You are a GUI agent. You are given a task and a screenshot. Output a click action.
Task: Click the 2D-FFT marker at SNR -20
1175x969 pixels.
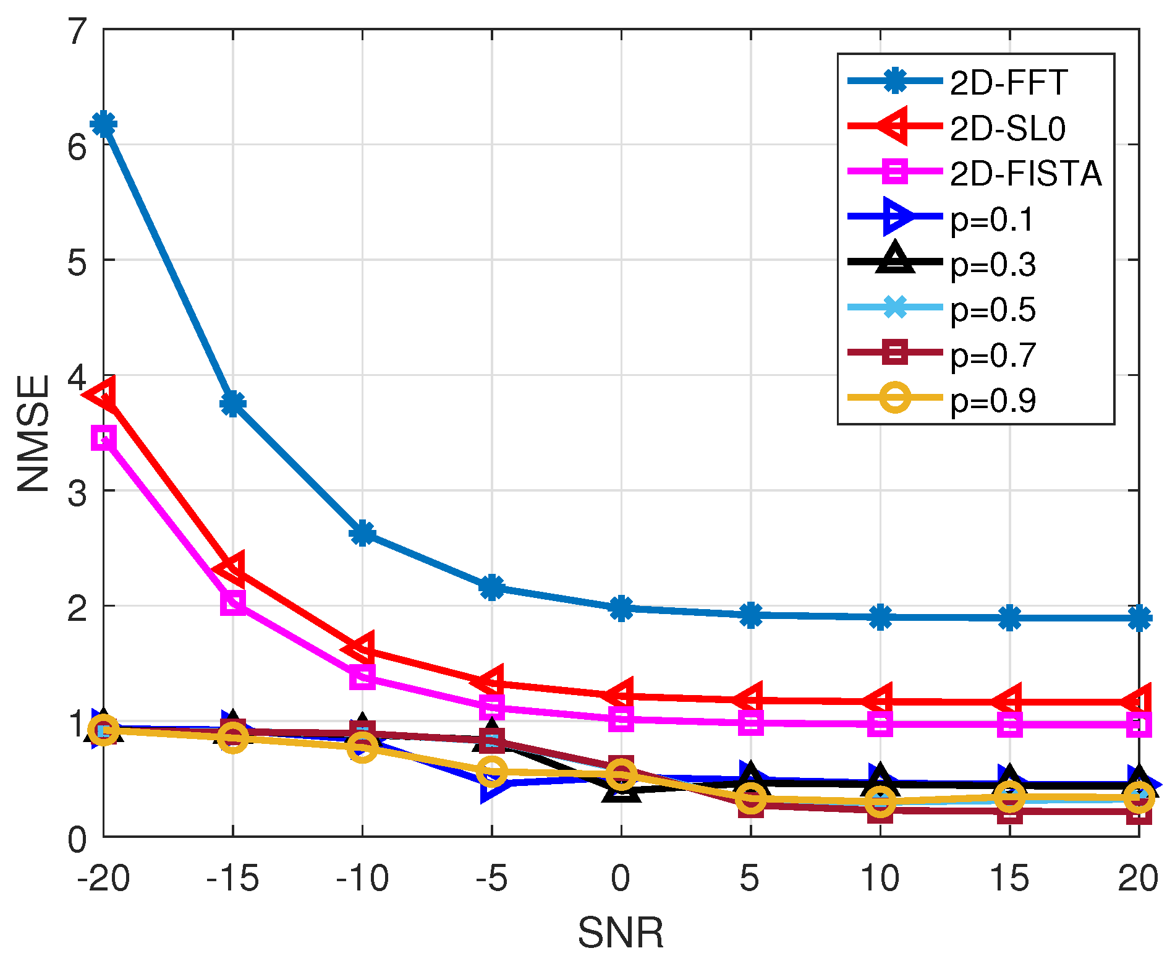coord(103,124)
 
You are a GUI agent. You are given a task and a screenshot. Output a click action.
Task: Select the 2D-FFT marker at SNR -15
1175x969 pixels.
coord(232,404)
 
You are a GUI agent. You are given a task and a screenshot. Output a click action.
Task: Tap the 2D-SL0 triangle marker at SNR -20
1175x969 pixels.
coord(103,393)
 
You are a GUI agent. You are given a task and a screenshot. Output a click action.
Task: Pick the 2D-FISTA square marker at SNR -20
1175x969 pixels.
coord(103,438)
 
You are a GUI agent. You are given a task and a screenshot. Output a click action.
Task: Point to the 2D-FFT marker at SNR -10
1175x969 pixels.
coord(362,532)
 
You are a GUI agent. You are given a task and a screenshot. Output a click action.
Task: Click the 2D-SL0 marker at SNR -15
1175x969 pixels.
coord(232,567)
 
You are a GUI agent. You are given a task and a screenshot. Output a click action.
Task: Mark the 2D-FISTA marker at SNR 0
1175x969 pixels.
coord(621,719)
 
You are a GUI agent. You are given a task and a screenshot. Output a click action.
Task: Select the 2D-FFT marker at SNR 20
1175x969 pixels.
coord(1139,618)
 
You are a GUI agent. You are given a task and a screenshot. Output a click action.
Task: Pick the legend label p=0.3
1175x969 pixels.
coord(993,265)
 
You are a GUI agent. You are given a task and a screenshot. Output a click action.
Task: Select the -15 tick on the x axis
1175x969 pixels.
coord(232,878)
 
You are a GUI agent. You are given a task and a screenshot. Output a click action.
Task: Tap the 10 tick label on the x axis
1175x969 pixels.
coord(880,878)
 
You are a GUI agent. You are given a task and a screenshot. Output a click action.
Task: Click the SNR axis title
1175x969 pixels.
coord(621,933)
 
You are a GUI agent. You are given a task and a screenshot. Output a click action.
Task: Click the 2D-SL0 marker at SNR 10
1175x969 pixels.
coord(880,701)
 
